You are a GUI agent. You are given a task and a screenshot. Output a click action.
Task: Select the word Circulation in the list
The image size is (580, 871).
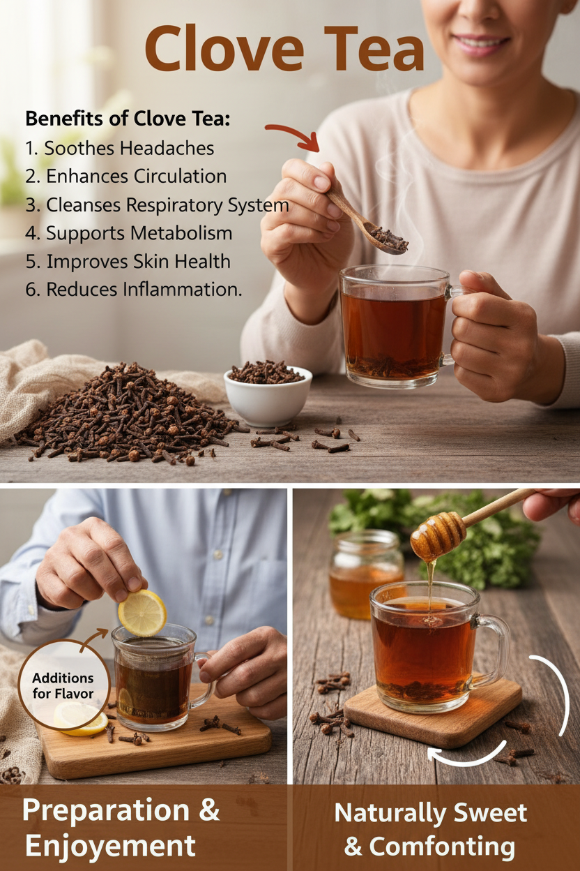click(181, 177)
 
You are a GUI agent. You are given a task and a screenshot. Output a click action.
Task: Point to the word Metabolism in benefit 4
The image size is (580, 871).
click(181, 233)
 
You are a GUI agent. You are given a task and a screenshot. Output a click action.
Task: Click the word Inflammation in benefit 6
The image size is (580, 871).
click(183, 290)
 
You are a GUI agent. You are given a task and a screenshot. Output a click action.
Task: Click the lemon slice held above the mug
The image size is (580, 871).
click(142, 613)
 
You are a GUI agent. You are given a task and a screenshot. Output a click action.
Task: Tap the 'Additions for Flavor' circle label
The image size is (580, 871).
click(63, 686)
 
